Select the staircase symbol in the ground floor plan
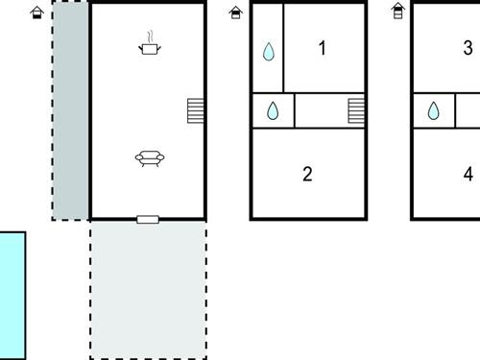click(x=196, y=110)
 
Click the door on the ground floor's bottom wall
click(x=148, y=220)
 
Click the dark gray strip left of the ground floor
click(x=70, y=110)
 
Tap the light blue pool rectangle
click(x=12, y=294)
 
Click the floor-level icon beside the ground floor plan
click(x=36, y=12)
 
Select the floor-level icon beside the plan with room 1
click(x=236, y=12)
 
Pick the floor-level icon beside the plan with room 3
click(x=398, y=12)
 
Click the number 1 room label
click(x=323, y=48)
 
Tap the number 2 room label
click(x=307, y=175)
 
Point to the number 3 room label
click(x=468, y=48)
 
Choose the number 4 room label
click(x=468, y=175)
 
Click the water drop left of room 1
click(x=269, y=52)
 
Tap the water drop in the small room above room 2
click(x=273, y=112)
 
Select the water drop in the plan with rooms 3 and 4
click(x=434, y=112)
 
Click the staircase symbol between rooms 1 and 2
click(x=356, y=110)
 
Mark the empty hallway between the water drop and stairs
click(x=321, y=110)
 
